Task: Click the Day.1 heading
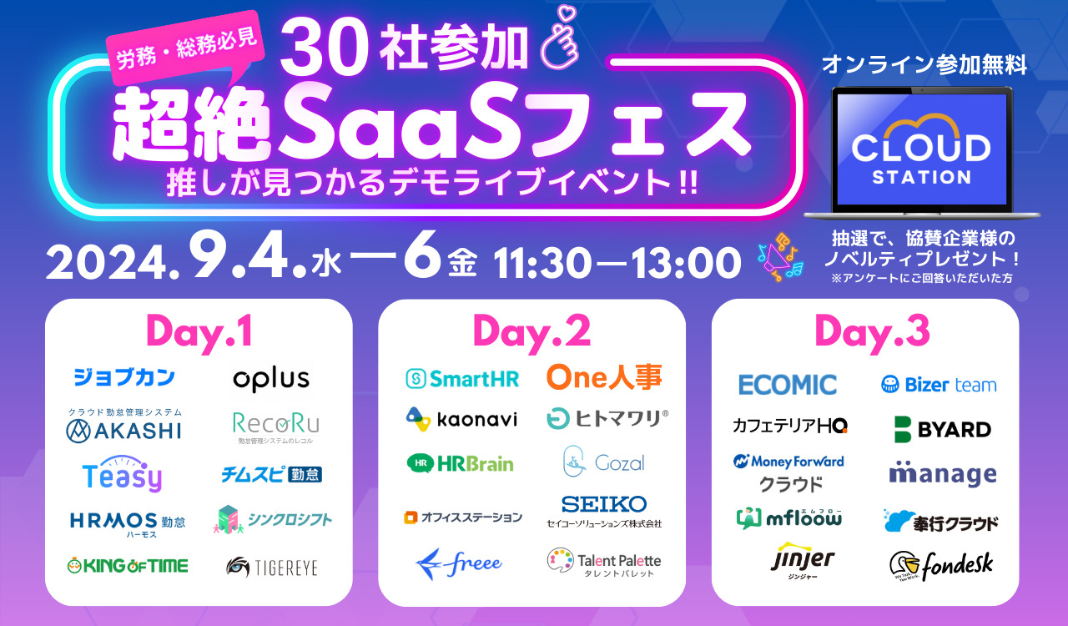coord(199,331)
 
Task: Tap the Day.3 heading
coord(865,331)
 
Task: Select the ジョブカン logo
coord(123,377)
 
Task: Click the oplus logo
coord(271,379)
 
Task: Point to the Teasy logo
coord(122,475)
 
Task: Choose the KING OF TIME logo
coord(128,566)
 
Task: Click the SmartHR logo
coord(462,378)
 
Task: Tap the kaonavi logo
coord(461,418)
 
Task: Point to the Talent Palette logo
coord(604,562)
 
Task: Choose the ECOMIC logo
coord(788,385)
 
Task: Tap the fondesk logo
coord(941,566)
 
